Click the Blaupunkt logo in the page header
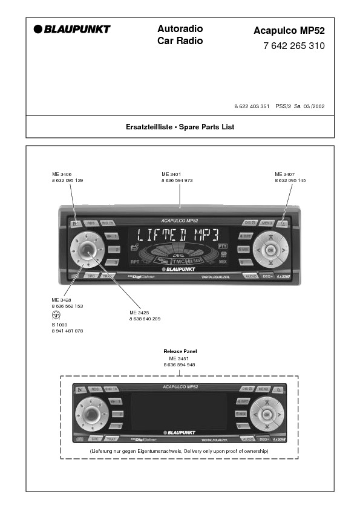coord(72,29)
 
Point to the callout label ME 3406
coord(61,174)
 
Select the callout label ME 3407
coord(284,174)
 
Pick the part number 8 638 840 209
coord(145,319)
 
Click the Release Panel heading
coord(180,351)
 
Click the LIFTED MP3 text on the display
coord(178,235)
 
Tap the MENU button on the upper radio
coord(267,223)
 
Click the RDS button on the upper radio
coord(91,223)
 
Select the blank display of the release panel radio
coord(180,412)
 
